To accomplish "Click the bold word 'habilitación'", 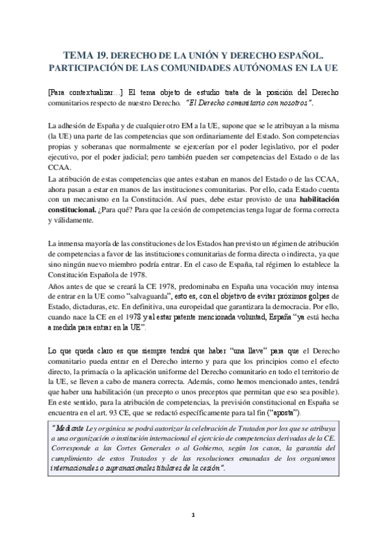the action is pyautogui.click(x=307, y=201).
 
